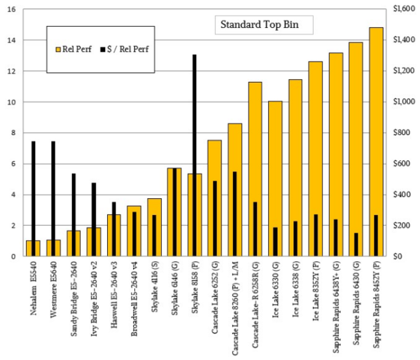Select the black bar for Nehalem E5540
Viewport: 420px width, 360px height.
[33, 189]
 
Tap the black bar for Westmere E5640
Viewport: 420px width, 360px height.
[53, 189]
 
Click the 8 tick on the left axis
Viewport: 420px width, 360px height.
[11, 133]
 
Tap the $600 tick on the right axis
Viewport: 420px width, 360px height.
[402, 164]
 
